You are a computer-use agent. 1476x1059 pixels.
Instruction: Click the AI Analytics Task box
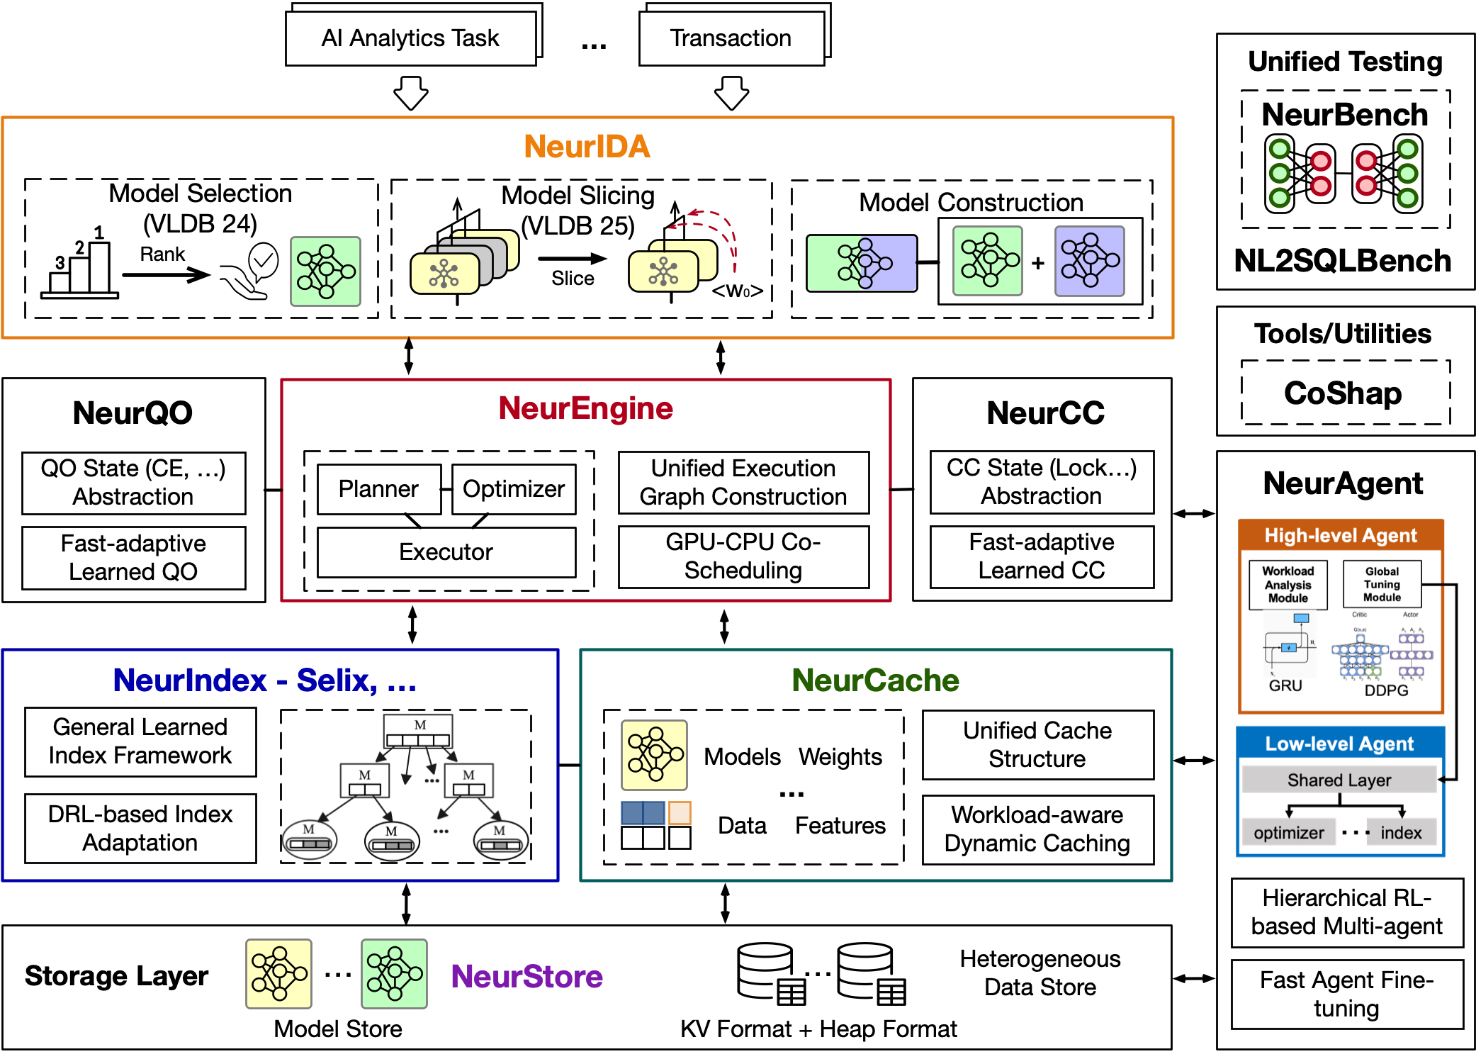point(410,38)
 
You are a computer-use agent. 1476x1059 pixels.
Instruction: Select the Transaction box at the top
point(731,38)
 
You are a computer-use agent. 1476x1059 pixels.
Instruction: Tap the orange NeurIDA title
point(587,147)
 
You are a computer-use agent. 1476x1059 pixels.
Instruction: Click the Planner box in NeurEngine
point(378,489)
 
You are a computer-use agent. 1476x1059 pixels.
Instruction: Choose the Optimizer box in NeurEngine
point(514,489)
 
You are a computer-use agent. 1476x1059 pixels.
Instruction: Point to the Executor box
point(446,552)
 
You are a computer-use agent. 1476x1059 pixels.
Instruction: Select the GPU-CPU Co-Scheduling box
point(743,556)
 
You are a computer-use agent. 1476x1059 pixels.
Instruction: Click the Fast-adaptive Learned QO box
point(133,558)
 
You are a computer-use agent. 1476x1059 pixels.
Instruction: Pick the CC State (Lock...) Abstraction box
point(1042,482)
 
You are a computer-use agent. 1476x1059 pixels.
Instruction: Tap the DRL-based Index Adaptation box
point(140,829)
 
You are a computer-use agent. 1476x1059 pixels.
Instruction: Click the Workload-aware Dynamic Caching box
point(1037,829)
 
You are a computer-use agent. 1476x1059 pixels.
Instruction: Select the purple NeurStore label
point(526,977)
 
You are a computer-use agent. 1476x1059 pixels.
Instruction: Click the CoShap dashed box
point(1344,393)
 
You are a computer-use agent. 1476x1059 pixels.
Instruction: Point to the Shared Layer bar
point(1339,780)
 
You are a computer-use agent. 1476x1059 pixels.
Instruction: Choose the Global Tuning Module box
point(1382,584)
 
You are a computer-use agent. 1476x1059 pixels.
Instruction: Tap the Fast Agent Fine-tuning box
point(1346,994)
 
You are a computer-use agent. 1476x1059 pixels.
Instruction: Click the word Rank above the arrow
point(162,254)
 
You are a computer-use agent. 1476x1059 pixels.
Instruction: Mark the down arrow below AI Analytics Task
point(411,93)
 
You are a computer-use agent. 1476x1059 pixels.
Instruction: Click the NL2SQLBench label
point(1343,262)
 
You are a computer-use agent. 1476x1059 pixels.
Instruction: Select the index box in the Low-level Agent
point(1401,833)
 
